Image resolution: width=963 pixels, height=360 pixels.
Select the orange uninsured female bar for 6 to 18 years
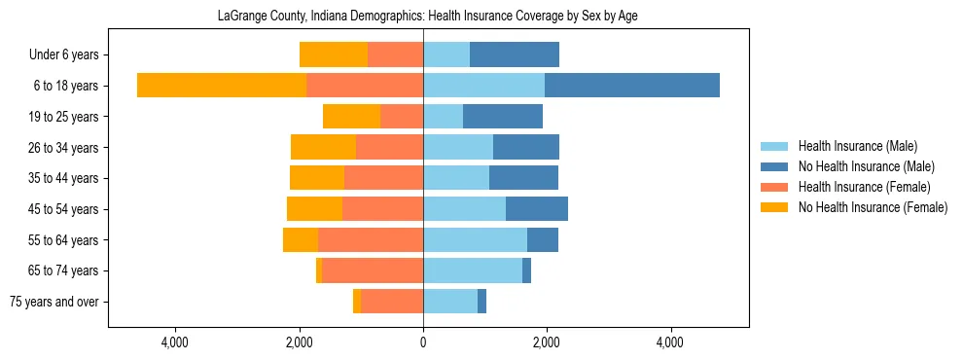(x=222, y=86)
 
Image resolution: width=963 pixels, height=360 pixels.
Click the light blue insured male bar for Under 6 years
(x=446, y=54)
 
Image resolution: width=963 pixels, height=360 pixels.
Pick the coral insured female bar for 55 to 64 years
(x=371, y=239)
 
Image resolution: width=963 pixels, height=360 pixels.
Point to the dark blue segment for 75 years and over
(x=481, y=302)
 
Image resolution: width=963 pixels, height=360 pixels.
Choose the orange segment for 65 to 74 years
(x=319, y=270)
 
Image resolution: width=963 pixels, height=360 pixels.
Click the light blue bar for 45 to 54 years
(x=464, y=209)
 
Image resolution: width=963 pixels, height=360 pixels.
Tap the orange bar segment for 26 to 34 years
(x=323, y=147)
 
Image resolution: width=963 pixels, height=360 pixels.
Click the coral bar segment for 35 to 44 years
(x=383, y=178)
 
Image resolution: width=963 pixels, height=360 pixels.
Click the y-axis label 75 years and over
(x=53, y=302)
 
